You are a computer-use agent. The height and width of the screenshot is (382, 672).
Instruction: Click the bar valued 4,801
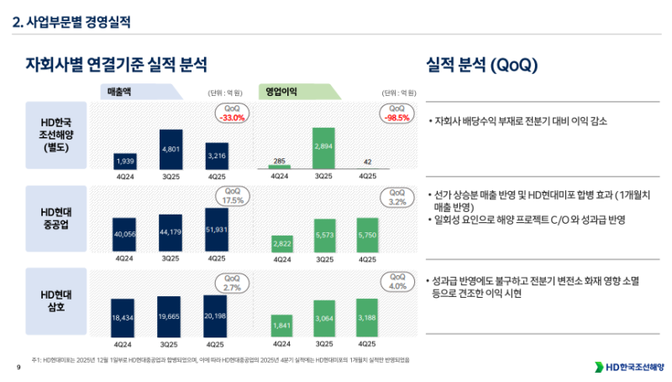tap(171, 149)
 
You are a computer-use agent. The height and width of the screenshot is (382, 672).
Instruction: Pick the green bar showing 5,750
tap(367, 235)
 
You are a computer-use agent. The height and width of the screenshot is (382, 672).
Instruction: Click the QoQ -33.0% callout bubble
tap(232, 114)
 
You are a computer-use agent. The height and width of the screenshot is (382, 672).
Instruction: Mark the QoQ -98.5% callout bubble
tap(397, 114)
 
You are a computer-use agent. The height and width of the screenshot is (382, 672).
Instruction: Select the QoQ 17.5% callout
tap(233, 197)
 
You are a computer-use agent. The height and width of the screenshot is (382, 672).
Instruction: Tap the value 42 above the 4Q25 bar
tap(367, 162)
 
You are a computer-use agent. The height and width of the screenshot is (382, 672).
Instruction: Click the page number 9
tap(18, 369)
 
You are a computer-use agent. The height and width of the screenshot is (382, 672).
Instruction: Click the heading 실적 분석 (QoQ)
tap(482, 64)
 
